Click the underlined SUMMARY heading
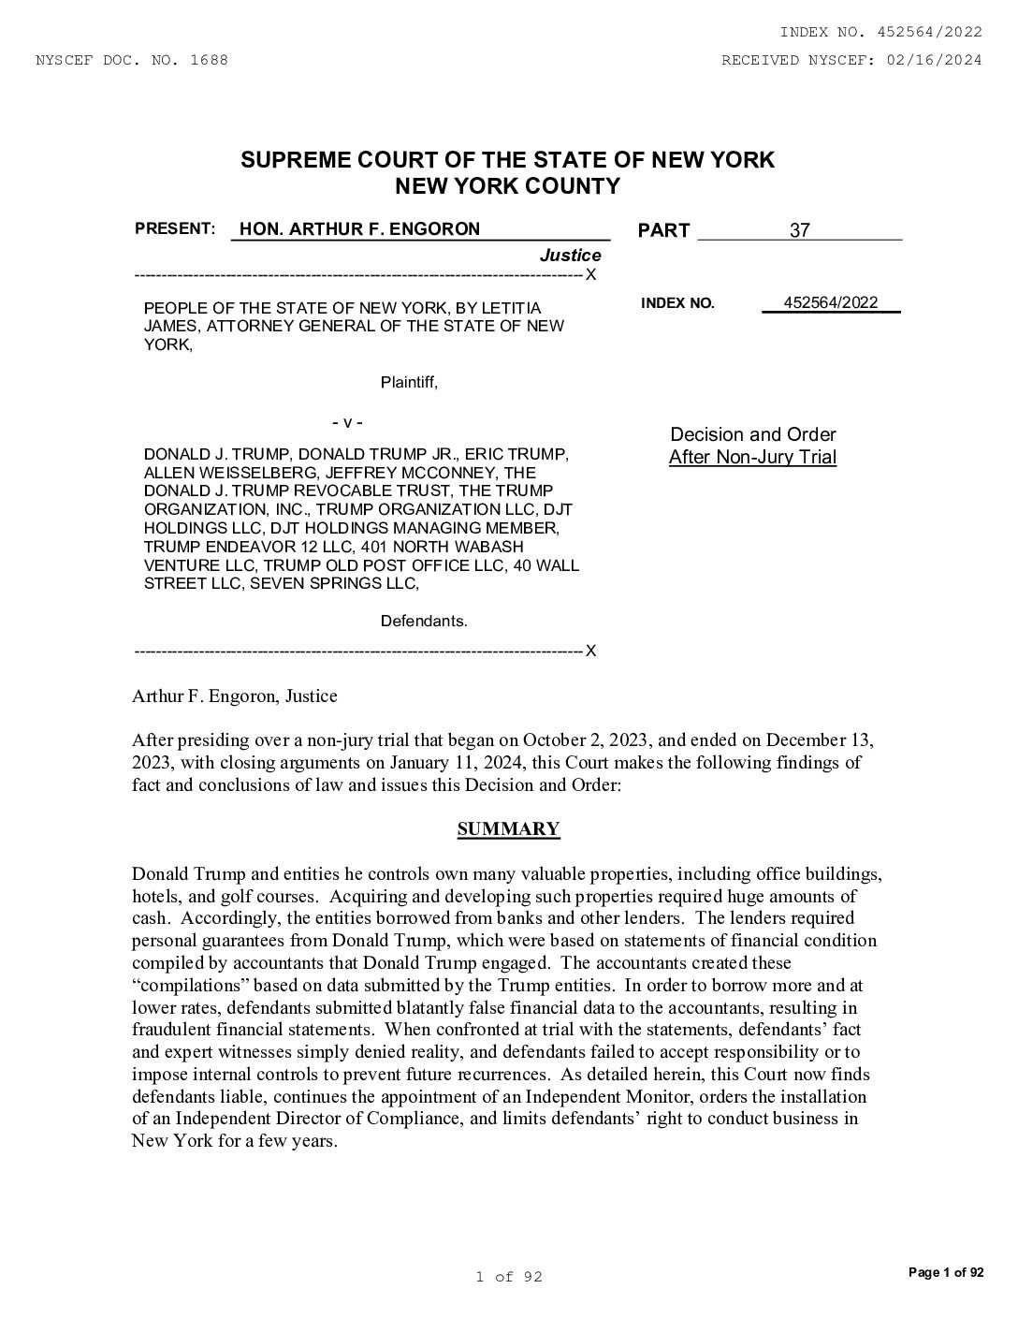[508, 829]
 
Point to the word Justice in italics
[570, 256]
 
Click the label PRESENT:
[175, 228]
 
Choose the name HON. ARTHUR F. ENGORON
[359, 229]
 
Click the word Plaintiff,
[409, 382]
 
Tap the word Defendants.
[424, 621]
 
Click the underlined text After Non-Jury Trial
[752, 458]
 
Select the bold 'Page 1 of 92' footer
[946, 1272]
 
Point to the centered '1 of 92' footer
[508, 1277]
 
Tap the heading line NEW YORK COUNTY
[508, 186]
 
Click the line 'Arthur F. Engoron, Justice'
[234, 696]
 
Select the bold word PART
[663, 231]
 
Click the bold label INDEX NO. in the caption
[677, 303]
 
